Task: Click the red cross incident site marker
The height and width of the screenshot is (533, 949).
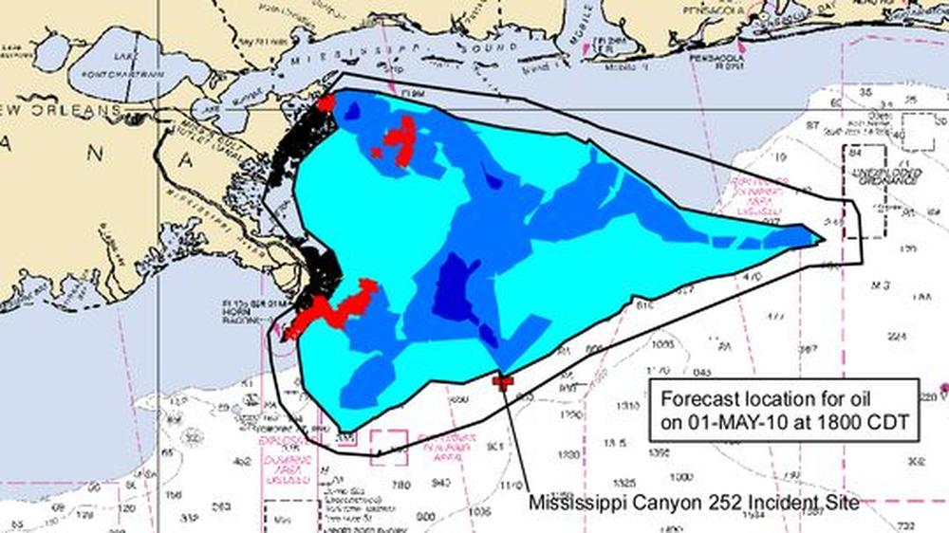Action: tap(503, 381)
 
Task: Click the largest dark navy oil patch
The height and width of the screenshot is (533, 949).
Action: tap(457, 289)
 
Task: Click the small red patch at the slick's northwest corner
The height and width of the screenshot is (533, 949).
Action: tap(326, 102)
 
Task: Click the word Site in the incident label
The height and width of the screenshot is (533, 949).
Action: tap(842, 502)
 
